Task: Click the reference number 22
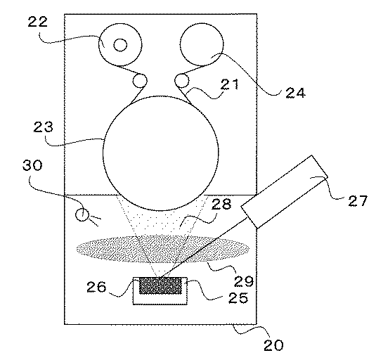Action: point(38,22)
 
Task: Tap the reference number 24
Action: point(295,93)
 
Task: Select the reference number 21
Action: point(230,84)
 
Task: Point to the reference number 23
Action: point(43,127)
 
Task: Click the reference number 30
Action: point(32,165)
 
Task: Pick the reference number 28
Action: point(221,204)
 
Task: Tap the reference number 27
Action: point(358,201)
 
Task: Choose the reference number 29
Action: point(244,281)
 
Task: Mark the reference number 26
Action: point(96,287)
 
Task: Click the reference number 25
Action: point(238,297)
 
